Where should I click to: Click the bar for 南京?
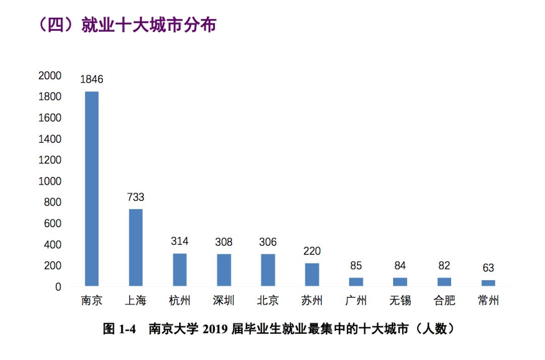pyautogui.click(x=92, y=189)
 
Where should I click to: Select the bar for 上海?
pyautogui.click(x=136, y=247)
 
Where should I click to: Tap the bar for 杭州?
pyautogui.click(x=180, y=270)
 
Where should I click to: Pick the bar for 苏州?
pyautogui.click(x=312, y=275)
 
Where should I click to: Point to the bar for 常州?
pyautogui.click(x=488, y=283)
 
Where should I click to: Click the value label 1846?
pyautogui.click(x=92, y=79)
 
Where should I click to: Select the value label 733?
pyautogui.click(x=136, y=197)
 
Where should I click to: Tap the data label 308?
pyautogui.click(x=224, y=242)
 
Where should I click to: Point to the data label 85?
pyautogui.click(x=356, y=266)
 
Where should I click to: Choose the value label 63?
pyautogui.click(x=488, y=268)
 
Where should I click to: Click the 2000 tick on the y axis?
pyautogui.click(x=49, y=76)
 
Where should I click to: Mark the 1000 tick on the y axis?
pyautogui.click(x=49, y=181)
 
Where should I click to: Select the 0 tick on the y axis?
pyautogui.click(x=58, y=287)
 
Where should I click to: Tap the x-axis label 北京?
pyautogui.click(x=268, y=301)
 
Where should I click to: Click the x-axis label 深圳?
pyautogui.click(x=224, y=301)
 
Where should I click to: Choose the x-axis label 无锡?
pyautogui.click(x=400, y=301)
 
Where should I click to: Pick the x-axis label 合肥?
pyautogui.click(x=444, y=301)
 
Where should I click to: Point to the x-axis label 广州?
pyautogui.click(x=356, y=301)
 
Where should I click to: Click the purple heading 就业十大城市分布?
pyautogui.click(x=149, y=25)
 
